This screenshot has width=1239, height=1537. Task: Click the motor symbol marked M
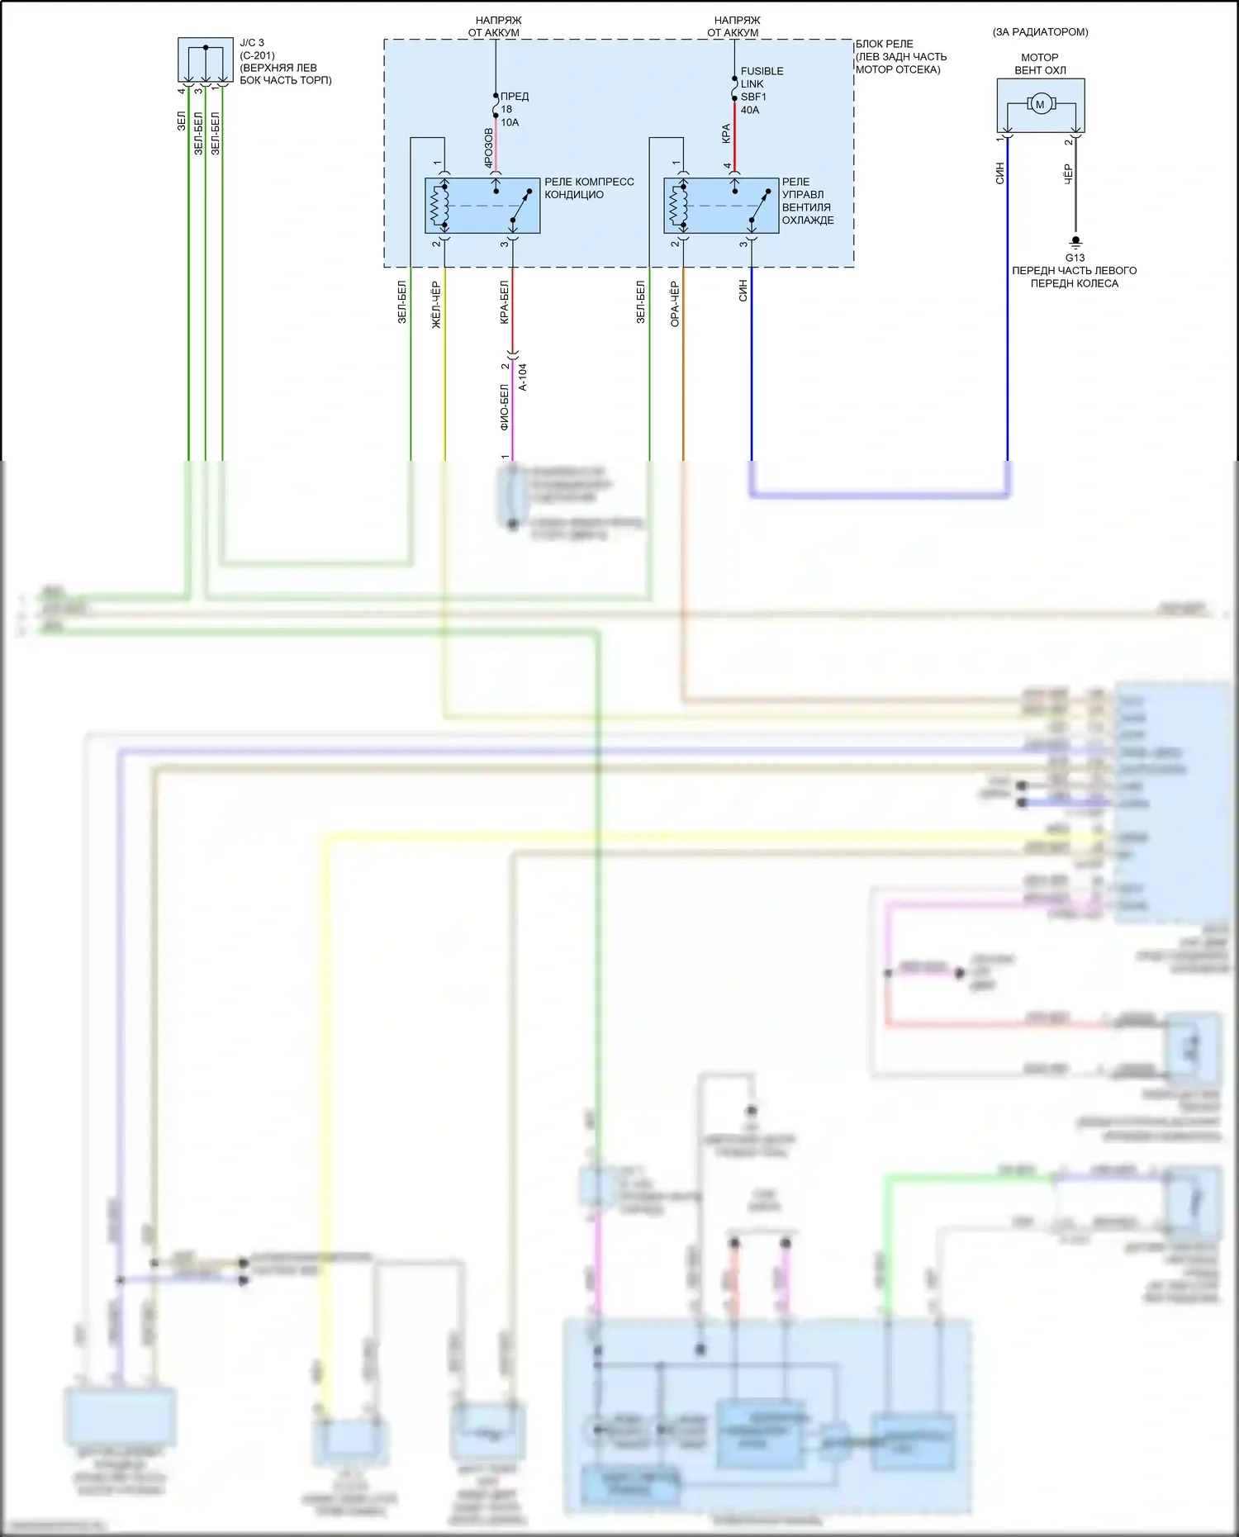click(1040, 104)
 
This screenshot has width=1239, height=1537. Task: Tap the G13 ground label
click(1075, 258)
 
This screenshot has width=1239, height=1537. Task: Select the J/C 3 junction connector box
click(206, 59)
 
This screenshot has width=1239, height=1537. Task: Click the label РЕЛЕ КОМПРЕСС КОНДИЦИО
click(589, 188)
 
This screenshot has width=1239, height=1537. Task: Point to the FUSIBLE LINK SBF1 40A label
click(762, 91)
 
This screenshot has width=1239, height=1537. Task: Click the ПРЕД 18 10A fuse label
click(514, 109)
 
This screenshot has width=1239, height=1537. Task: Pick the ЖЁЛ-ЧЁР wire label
click(436, 305)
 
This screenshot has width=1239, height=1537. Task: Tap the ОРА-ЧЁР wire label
click(675, 304)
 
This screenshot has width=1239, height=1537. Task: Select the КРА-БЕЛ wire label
click(504, 302)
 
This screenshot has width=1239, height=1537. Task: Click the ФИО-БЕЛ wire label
click(504, 408)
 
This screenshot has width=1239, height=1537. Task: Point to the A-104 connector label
click(522, 377)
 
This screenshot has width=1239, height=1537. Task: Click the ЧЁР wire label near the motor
click(1068, 173)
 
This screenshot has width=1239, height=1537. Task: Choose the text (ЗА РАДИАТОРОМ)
click(1040, 32)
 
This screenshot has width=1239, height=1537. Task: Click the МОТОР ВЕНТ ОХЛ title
click(1040, 64)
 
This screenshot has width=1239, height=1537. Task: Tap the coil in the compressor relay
click(437, 206)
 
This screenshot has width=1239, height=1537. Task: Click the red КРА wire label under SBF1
click(726, 133)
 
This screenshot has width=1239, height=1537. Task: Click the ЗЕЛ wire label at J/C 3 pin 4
click(181, 121)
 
